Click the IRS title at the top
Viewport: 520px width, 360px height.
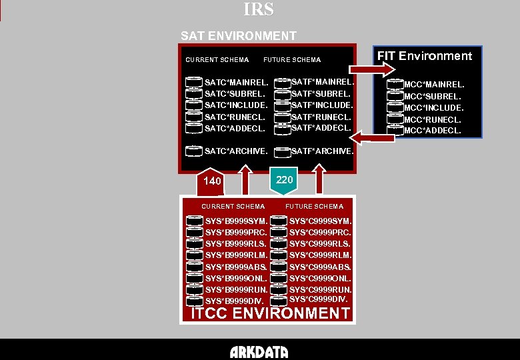pyautogui.click(x=259, y=10)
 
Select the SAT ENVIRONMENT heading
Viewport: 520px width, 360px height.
pyautogui.click(x=238, y=35)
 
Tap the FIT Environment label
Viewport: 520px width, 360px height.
pyautogui.click(x=425, y=56)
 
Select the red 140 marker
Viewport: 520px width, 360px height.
pyautogui.click(x=212, y=181)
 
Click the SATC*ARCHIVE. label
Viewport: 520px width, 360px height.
pyautogui.click(x=236, y=151)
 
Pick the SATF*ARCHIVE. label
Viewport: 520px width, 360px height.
pyautogui.click(x=323, y=151)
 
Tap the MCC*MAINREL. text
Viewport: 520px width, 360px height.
pyautogui.click(x=434, y=85)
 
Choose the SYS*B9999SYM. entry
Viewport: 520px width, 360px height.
pyautogui.click(x=236, y=221)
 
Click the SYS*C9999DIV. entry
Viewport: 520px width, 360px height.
pyautogui.click(x=319, y=299)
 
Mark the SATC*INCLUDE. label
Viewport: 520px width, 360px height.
pyautogui.click(x=236, y=105)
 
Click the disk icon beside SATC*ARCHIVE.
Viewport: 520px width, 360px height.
pyautogui.click(x=194, y=151)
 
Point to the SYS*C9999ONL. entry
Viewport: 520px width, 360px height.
pyautogui.click(x=320, y=278)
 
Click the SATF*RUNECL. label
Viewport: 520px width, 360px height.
pyautogui.click(x=322, y=117)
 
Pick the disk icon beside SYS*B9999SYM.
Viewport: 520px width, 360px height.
pyautogui.click(x=195, y=221)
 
